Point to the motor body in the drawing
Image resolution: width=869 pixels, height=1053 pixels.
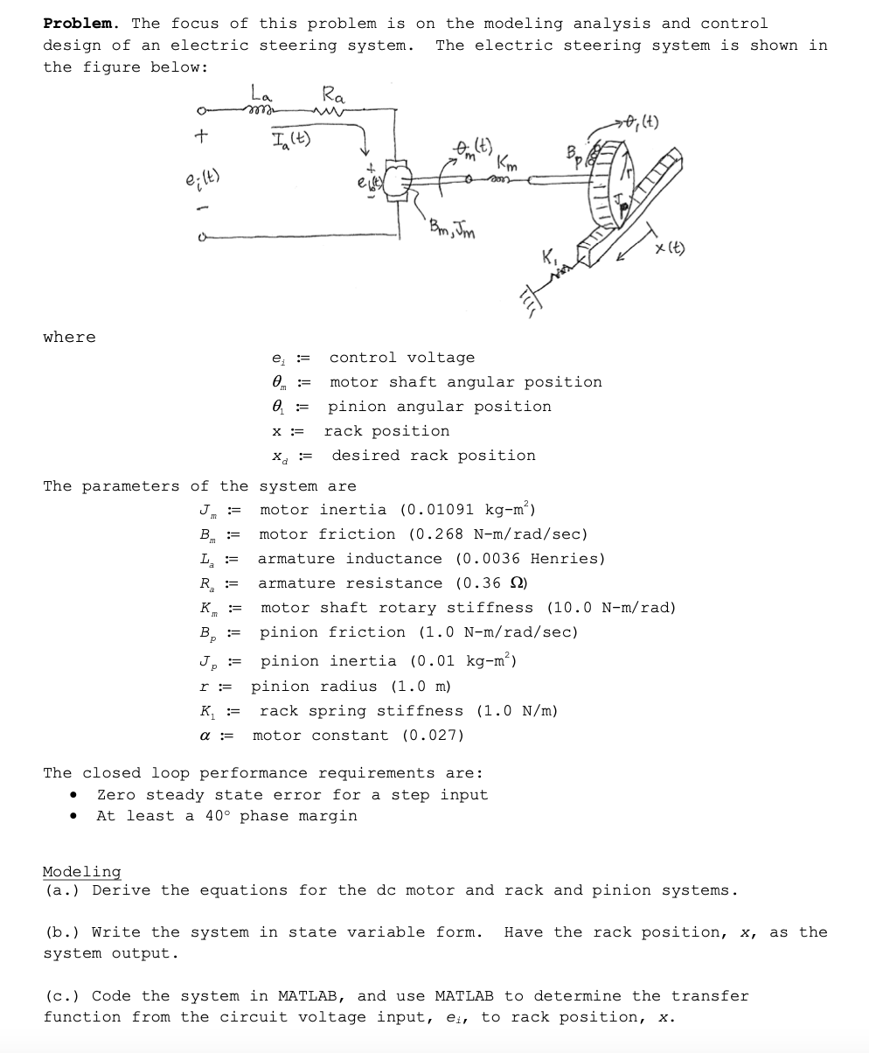399,182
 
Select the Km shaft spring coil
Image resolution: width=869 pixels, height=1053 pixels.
500,182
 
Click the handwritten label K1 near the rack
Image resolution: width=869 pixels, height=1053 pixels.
550,258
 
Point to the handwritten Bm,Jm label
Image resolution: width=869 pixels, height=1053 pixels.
453,229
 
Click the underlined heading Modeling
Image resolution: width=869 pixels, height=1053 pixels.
81,871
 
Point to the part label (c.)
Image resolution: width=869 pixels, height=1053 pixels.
63,995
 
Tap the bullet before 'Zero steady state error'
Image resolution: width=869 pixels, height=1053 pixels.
77,794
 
